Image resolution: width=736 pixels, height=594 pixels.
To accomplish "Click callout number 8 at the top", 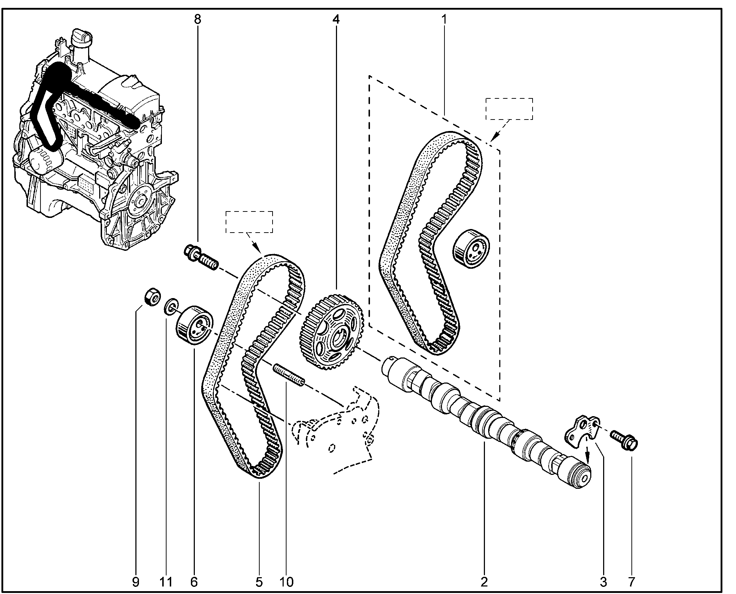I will click(x=197, y=19).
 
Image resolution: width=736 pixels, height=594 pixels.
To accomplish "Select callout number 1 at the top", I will click(x=444, y=19).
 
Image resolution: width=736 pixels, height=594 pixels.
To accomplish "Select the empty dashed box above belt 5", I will click(x=249, y=222).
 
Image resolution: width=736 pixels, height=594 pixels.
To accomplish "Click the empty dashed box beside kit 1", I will click(x=509, y=109).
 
